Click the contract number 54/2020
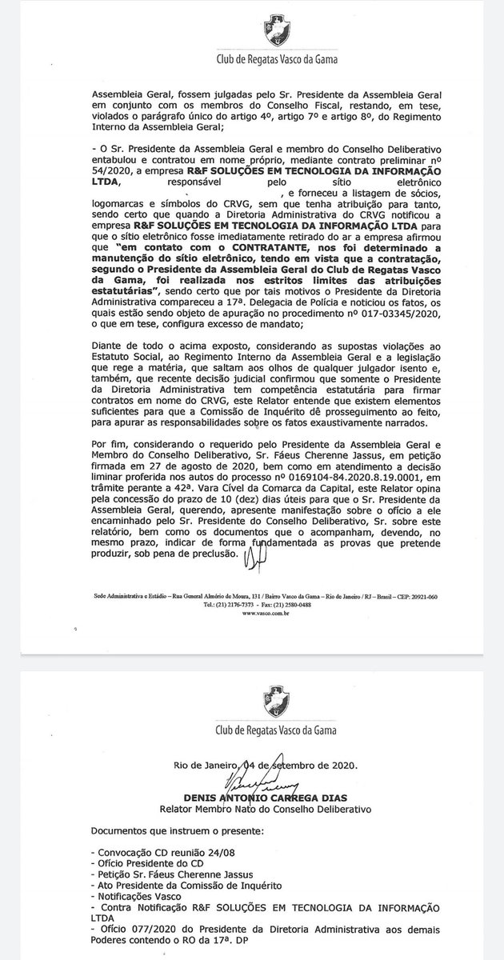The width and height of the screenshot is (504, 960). tap(111, 172)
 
